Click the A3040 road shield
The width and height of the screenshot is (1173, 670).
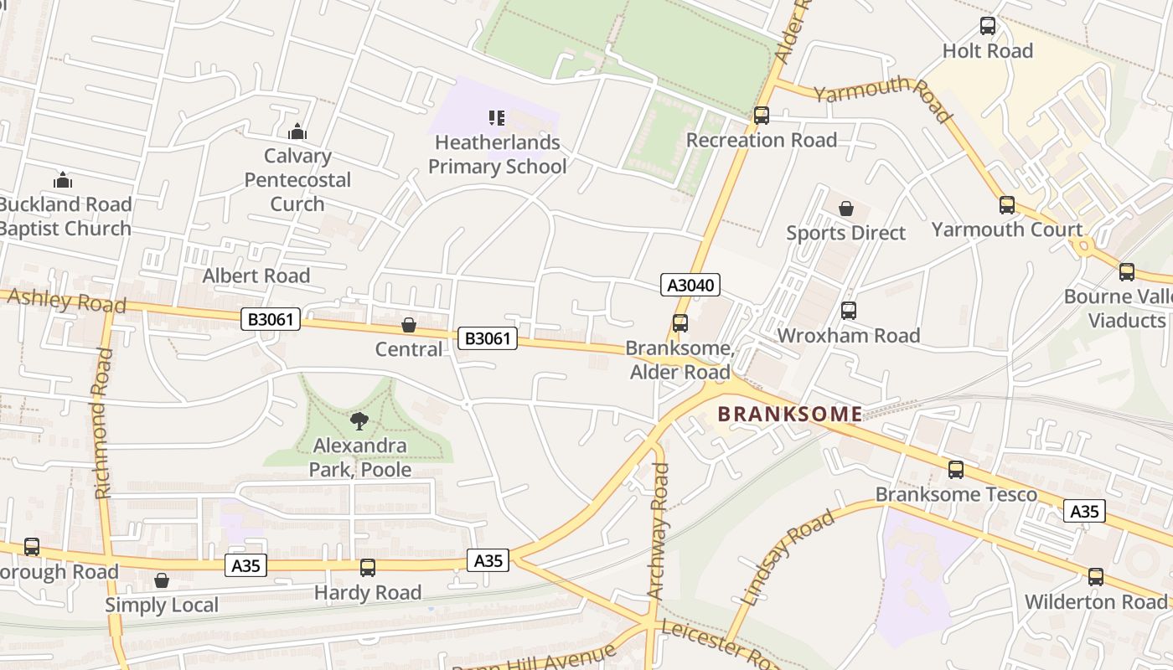(690, 285)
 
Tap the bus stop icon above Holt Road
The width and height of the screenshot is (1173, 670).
(988, 26)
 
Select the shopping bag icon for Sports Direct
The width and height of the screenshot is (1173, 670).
(845, 208)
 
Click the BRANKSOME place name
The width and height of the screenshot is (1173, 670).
(790, 414)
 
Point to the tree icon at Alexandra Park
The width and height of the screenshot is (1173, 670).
(359, 420)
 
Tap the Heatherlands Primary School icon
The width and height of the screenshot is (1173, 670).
(497, 118)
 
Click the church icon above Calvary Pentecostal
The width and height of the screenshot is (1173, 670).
(297, 131)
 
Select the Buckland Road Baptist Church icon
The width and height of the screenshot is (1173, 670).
(63, 180)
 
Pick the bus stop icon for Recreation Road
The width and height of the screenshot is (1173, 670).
(761, 116)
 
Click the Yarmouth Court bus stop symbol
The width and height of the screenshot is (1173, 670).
(1006, 205)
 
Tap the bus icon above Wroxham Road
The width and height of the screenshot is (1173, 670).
(849, 311)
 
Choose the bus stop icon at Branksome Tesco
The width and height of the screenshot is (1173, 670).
(956, 470)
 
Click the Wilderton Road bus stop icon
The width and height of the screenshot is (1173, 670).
(1095, 577)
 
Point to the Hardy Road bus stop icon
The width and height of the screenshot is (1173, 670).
(367, 568)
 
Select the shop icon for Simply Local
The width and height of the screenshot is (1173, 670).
(162, 580)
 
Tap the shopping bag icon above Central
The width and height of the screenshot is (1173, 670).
(409, 325)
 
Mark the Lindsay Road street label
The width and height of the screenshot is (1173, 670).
(788, 557)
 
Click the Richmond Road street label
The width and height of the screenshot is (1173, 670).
(103, 424)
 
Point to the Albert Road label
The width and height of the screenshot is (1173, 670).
(256, 276)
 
